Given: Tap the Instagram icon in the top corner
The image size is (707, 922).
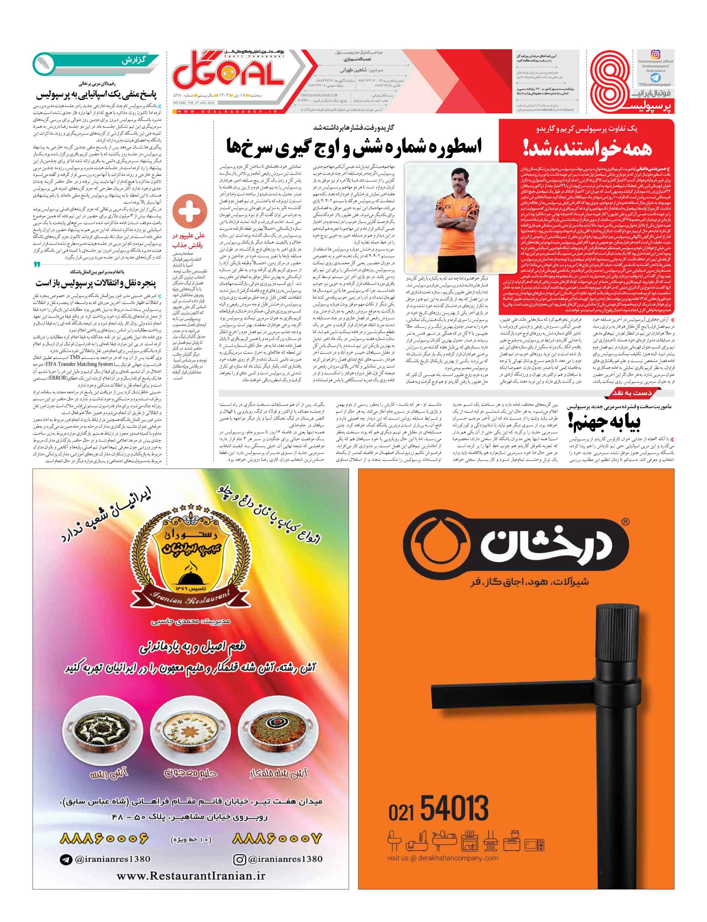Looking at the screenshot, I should [x=655, y=54].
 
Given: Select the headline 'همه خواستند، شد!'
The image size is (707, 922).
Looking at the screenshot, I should [x=587, y=148].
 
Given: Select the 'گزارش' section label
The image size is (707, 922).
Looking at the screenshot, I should [x=134, y=60].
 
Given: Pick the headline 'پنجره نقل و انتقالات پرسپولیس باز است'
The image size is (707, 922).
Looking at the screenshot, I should [x=95, y=282].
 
